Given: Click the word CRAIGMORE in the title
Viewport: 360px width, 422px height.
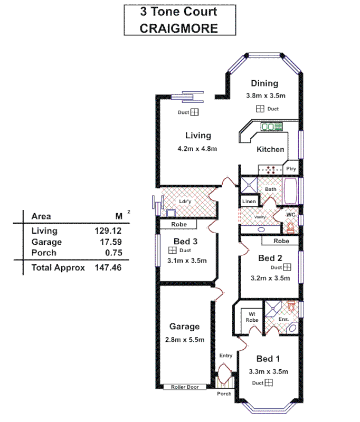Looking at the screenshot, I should pos(178,27).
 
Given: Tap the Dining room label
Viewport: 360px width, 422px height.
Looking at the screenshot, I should pos(264,83).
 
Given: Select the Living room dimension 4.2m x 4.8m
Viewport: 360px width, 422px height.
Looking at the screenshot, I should pos(197,149).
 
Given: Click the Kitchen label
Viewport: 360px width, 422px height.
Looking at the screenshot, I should pos(270,149).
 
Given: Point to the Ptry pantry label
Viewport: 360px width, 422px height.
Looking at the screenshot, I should pos(291,169).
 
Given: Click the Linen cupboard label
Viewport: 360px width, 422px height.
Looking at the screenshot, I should pos(249,202).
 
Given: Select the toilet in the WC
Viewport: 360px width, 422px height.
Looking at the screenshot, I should pos(289,228).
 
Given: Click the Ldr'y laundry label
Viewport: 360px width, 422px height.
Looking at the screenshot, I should pos(185,201).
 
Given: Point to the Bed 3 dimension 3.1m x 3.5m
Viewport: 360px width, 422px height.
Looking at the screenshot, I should pos(187,261).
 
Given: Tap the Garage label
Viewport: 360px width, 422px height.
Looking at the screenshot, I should pos(184,327).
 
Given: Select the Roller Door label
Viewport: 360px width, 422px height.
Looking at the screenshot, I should pos(184,387).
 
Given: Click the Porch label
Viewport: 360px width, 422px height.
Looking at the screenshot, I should pos(225,394).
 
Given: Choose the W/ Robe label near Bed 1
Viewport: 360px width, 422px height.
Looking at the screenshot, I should pos(252,316).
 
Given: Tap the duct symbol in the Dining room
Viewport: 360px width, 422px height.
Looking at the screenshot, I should pos(260,109).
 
